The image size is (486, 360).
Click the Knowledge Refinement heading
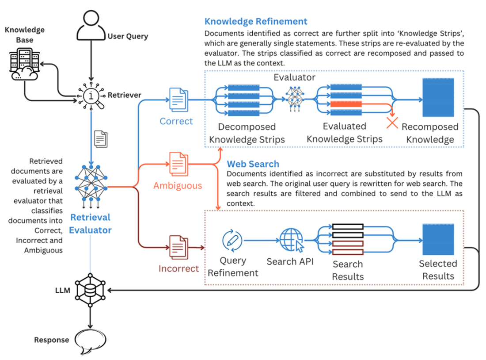256,21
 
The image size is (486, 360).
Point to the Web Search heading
253,164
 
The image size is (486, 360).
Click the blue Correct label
176,121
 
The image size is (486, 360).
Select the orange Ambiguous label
178,185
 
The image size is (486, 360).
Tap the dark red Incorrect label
179,268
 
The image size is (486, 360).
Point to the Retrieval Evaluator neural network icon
90,186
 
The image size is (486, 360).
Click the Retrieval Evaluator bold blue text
90,223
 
